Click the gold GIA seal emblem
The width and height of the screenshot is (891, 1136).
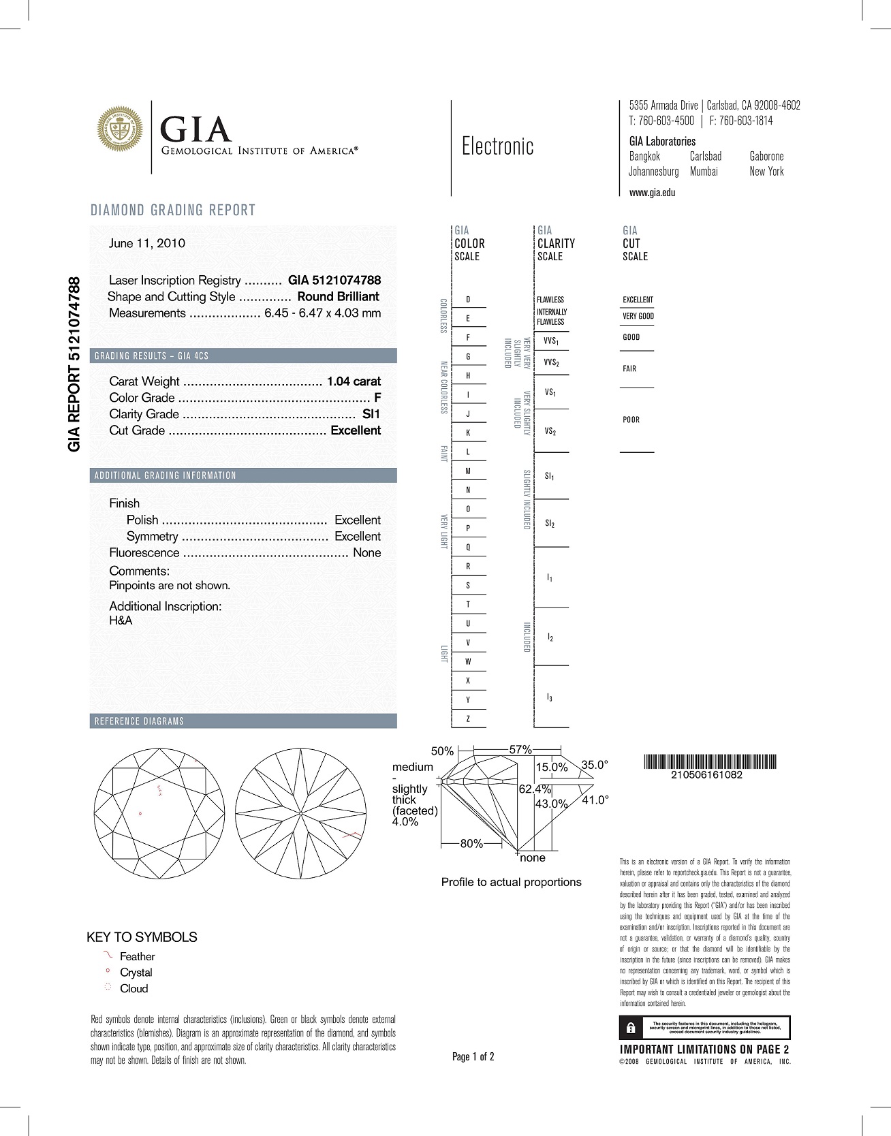click(120, 127)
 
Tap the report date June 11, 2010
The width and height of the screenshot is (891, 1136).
click(146, 243)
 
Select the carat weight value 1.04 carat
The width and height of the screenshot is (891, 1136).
click(354, 381)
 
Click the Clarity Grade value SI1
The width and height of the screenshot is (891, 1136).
click(371, 414)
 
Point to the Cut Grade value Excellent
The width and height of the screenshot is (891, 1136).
click(356, 430)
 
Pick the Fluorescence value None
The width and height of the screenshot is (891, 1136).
click(366, 553)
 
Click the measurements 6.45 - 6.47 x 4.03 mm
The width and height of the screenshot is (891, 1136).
click(322, 313)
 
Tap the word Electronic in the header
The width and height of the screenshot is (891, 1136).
click(497, 146)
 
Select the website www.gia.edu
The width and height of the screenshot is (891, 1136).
click(652, 193)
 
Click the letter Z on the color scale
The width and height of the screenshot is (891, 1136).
click(468, 719)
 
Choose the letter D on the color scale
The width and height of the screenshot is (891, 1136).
click(468, 300)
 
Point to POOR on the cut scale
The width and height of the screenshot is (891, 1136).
click(631, 420)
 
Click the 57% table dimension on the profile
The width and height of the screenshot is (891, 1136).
click(520, 750)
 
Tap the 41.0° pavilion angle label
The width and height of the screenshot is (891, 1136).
click(595, 800)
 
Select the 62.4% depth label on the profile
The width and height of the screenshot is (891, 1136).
click(535, 789)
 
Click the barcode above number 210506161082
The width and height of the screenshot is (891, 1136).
click(709, 762)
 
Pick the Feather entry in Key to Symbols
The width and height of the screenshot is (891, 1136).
click(137, 957)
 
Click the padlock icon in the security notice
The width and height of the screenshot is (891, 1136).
click(631, 1027)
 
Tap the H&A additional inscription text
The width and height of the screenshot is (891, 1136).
click(121, 620)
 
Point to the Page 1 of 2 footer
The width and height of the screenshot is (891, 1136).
click(473, 1057)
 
